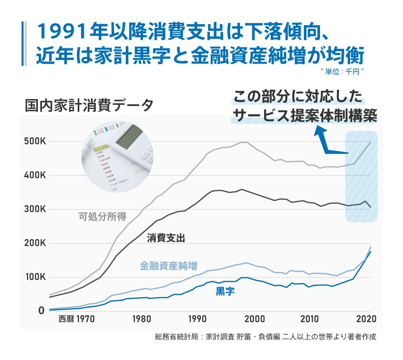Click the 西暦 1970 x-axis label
coord(77,319)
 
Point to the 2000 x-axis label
coord(254,319)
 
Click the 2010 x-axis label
coord(310,319)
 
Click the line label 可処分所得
coord(102,217)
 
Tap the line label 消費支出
coord(166,238)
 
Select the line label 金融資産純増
coord(168,266)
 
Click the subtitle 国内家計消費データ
coord(89,106)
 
